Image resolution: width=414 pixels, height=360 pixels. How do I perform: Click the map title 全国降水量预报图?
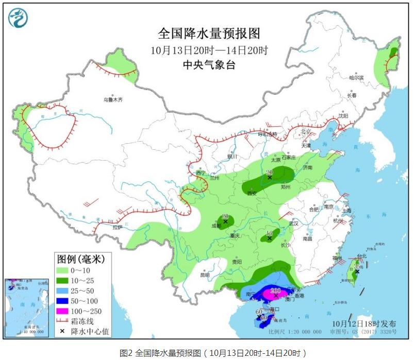click(209, 34)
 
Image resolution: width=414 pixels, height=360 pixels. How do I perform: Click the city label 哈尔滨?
click(356, 78)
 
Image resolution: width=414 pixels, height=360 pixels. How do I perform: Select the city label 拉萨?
click(118, 227)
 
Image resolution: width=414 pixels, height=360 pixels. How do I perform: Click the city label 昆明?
click(205, 275)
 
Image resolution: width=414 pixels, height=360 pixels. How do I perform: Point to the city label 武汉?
click(294, 224)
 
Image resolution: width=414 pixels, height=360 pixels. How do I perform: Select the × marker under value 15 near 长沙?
click(269, 238)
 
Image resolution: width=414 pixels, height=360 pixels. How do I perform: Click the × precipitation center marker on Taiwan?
click(357, 271)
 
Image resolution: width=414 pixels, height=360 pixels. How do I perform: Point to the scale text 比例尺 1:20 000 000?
click(298, 331)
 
